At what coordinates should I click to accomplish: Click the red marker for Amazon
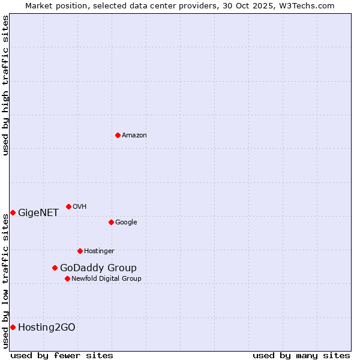[x=118, y=135]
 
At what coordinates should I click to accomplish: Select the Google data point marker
[x=111, y=222]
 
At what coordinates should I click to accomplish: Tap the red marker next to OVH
[x=68, y=206]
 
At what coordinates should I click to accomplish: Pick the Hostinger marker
[x=80, y=251]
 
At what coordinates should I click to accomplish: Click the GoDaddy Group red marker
[x=55, y=268]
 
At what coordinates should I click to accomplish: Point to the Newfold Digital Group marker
[x=67, y=278]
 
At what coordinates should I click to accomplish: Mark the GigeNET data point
[x=13, y=212]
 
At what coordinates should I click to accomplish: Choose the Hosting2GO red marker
[x=13, y=327]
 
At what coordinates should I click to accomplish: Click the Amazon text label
[x=134, y=136]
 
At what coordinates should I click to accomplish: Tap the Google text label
[x=126, y=223]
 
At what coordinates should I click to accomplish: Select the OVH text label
[x=80, y=207]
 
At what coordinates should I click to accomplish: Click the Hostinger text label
[x=99, y=251]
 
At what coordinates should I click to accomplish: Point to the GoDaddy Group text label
[x=98, y=268]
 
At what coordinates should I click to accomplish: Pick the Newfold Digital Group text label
[x=106, y=279]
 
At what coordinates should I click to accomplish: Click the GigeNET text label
[x=38, y=213]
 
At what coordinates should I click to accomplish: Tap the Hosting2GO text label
[x=47, y=328]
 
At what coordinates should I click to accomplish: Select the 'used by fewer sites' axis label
[x=62, y=355]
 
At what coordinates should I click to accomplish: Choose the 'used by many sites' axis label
[x=301, y=355]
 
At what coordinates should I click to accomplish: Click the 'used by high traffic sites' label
[x=5, y=85]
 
